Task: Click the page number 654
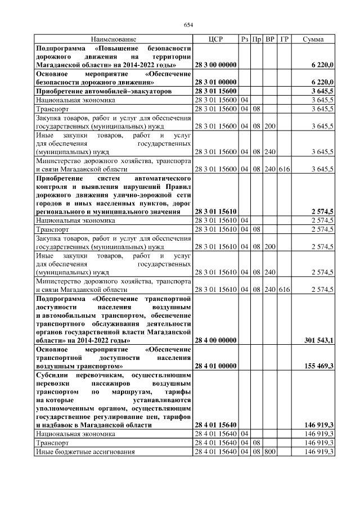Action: pyautogui.click(x=188, y=24)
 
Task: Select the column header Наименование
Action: pyautogui.click(x=113, y=39)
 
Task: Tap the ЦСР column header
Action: pyautogui.click(x=215, y=39)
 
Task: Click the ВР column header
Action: pyautogui.click(x=270, y=39)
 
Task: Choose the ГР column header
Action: pyautogui.click(x=284, y=39)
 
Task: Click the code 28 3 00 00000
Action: pyautogui.click(x=215, y=65)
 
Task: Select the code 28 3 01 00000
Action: pyautogui.click(x=215, y=82)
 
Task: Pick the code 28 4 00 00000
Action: pyautogui.click(x=215, y=340)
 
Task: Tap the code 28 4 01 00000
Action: pyautogui.click(x=215, y=366)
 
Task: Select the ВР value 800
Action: pyautogui.click(x=270, y=452)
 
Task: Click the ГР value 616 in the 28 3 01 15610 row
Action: pyautogui.click(x=284, y=289)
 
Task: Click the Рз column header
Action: pyautogui.click(x=244, y=39)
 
